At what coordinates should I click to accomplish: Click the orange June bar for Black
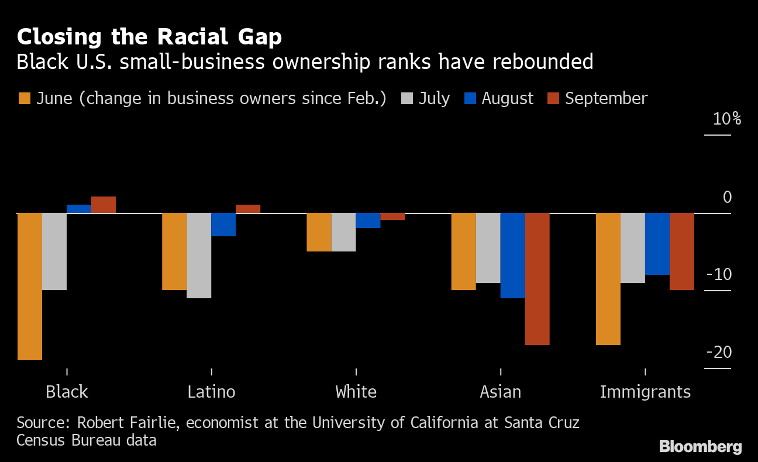29,287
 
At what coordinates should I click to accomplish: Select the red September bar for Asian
537,279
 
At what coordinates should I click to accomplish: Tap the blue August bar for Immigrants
657,244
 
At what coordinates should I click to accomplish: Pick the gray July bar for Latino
199,256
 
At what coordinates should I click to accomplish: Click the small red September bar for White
392,216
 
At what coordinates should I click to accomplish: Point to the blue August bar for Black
78,209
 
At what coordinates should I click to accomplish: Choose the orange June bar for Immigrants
608,279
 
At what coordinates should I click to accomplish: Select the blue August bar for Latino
223,225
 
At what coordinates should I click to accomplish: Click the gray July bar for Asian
488,248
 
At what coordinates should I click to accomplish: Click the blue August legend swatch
469,98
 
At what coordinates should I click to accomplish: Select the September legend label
606,98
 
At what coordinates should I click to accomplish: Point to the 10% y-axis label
726,119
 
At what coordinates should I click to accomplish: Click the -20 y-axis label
719,352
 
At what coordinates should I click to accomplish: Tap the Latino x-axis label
211,391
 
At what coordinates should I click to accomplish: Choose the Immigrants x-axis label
645,391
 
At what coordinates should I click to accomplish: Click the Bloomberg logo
700,447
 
